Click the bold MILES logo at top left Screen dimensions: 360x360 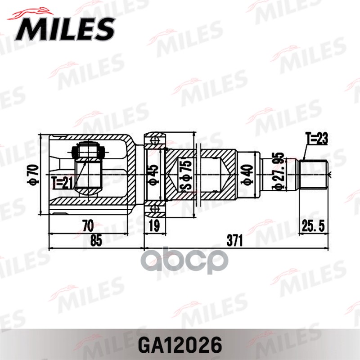[66, 28]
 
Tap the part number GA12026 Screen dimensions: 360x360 [180, 345]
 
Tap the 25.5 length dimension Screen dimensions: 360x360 [314, 225]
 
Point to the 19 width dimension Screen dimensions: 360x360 [154, 225]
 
